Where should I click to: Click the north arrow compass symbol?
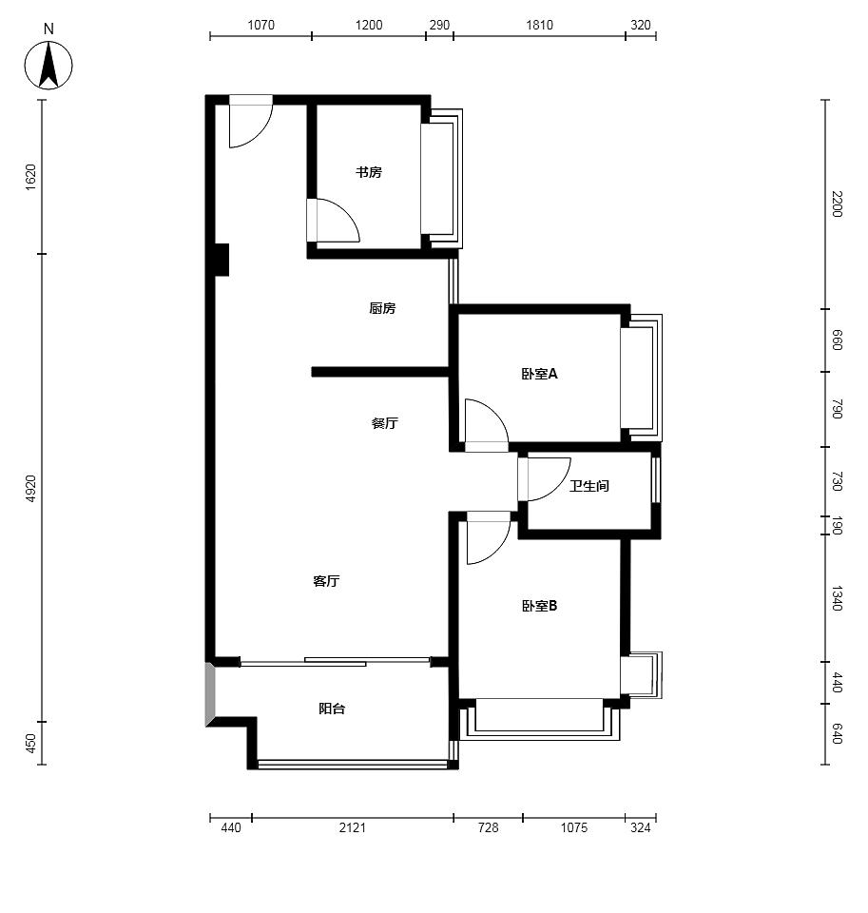point(48,65)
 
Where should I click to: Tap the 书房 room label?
point(369,172)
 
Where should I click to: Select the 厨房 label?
point(382,308)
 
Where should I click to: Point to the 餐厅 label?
point(385,422)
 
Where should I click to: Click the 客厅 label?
point(327,580)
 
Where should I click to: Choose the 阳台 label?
point(332,708)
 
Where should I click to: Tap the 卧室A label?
point(540,373)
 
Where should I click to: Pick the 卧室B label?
point(540,606)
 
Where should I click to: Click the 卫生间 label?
point(589,485)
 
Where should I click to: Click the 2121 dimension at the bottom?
point(352,826)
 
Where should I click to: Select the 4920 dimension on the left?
point(30,488)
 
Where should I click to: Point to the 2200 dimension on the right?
point(838,204)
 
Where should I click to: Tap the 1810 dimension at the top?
point(540,25)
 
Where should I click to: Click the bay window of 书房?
point(442,178)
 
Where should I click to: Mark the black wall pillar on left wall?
point(222,260)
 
